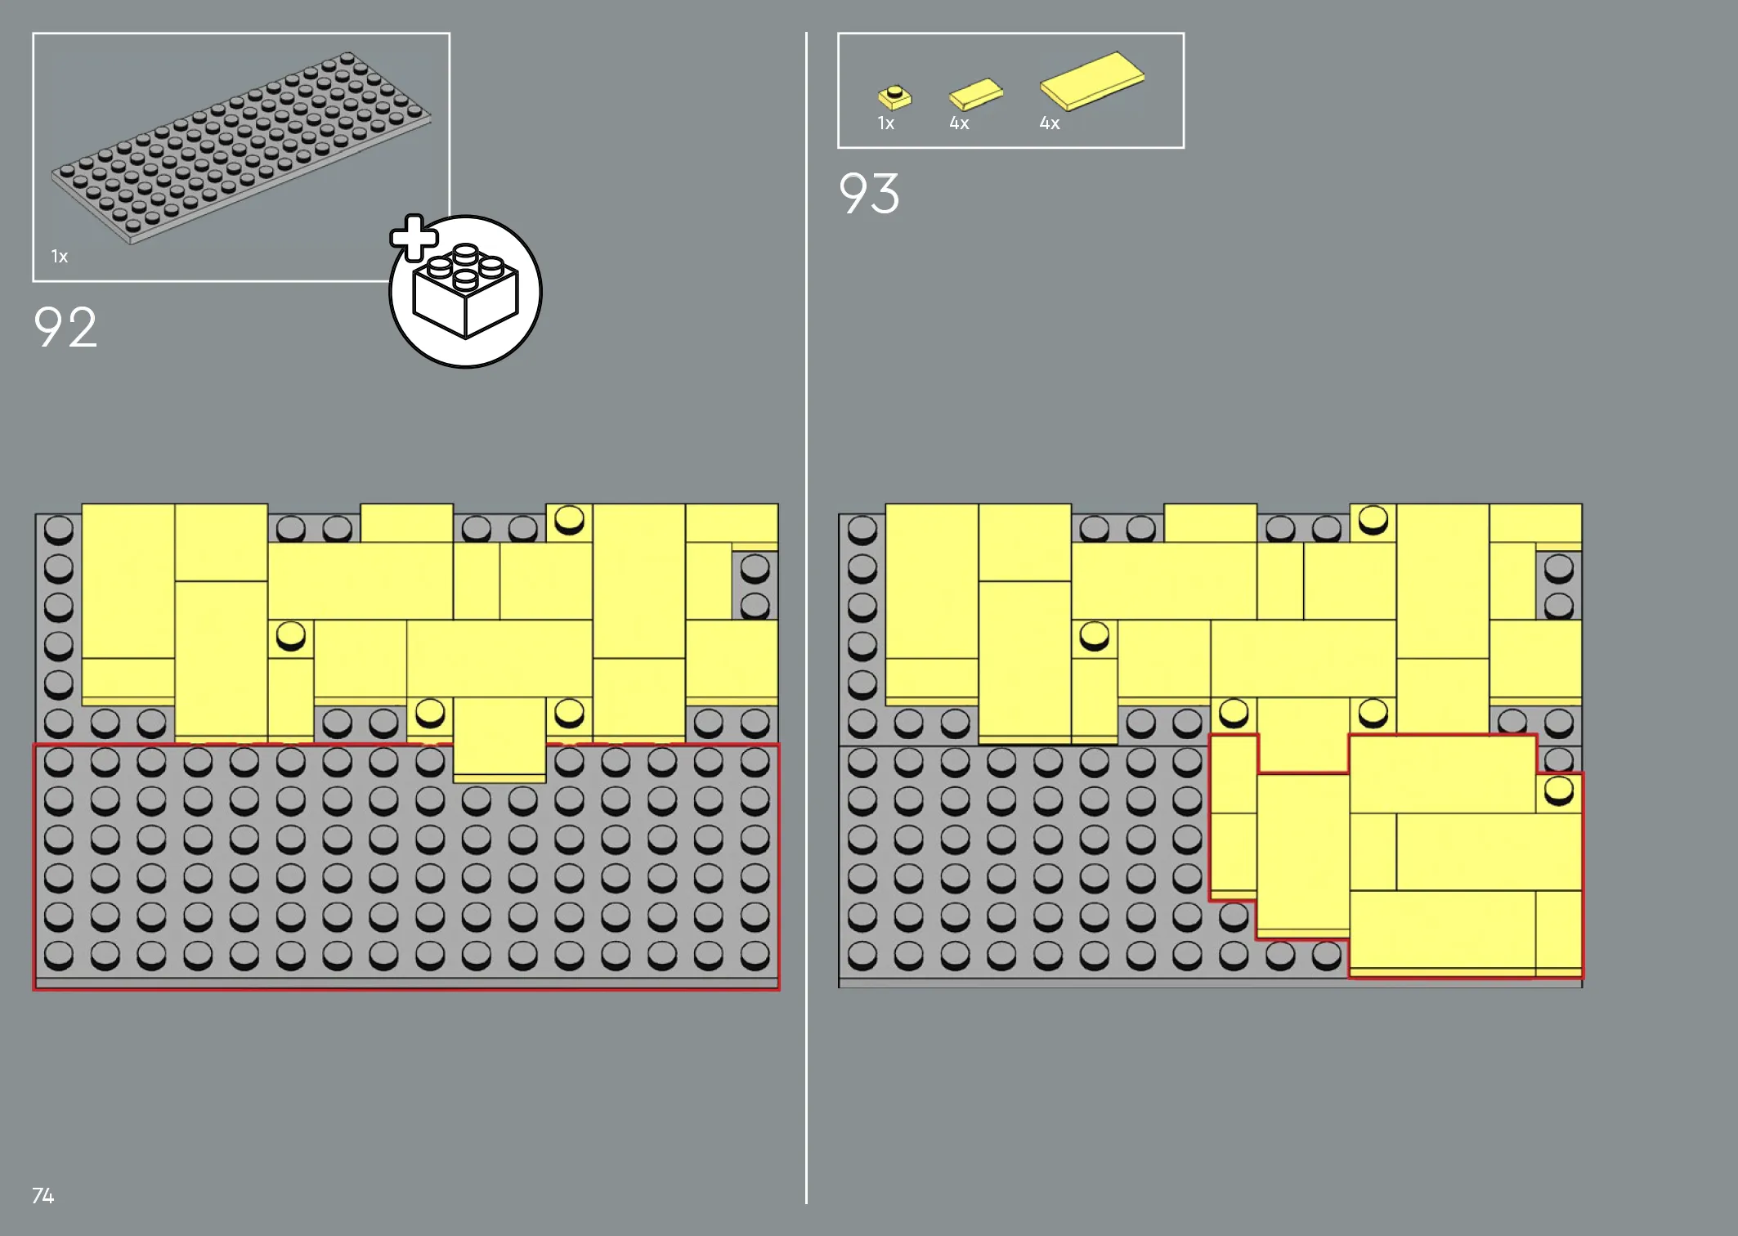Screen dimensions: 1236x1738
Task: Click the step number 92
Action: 65,328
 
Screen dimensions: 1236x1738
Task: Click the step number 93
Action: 869,194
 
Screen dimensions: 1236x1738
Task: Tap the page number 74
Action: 43,1196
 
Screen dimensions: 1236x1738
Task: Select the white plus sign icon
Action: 414,238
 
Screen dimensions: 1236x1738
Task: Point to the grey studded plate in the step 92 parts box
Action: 241,147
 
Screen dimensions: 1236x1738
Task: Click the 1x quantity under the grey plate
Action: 60,257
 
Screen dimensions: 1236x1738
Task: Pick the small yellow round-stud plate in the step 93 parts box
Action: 894,97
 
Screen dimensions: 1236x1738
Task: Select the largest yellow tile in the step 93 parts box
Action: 1091,80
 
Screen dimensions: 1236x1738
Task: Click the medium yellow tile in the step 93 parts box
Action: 975,94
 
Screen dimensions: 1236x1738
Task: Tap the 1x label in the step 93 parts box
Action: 886,123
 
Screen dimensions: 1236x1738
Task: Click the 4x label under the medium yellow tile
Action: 959,123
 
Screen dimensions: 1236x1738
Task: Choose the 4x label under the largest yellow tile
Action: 1050,123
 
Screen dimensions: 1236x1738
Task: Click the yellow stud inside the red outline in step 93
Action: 1559,790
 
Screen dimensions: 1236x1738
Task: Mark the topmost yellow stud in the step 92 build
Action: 569,519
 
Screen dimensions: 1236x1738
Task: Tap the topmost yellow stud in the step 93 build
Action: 1373,519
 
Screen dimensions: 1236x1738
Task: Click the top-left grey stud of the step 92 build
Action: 59,530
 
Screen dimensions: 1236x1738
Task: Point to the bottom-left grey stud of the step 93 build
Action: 862,954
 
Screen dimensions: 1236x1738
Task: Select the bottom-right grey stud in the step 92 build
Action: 755,954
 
